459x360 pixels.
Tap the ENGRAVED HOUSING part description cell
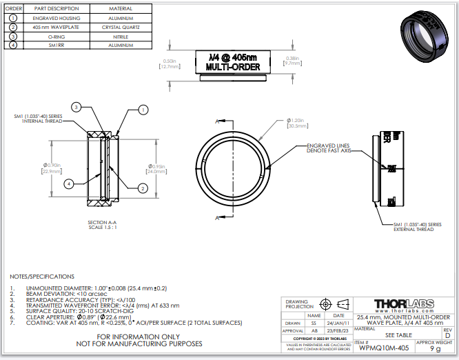coord(56,18)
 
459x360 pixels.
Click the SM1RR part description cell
coord(56,45)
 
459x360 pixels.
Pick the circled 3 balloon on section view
coord(77,107)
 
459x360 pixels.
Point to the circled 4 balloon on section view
coord(69,183)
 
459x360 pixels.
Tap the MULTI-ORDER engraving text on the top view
coord(233,67)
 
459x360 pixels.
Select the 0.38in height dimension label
coord(292,61)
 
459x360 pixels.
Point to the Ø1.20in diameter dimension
coord(296,123)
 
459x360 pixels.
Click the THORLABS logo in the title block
coord(404,304)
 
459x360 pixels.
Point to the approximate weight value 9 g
coord(435,349)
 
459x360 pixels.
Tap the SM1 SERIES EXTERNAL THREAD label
coord(417,227)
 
